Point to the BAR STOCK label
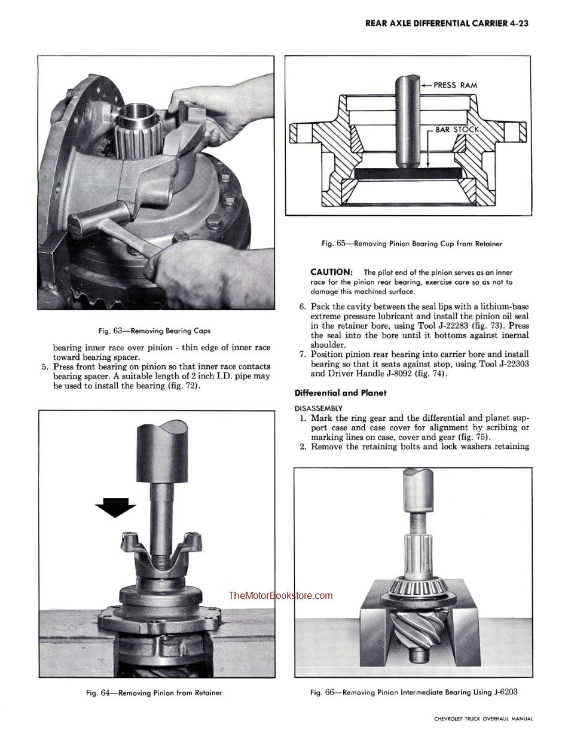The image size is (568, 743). click(x=457, y=129)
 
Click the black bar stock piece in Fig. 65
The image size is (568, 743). click(x=408, y=173)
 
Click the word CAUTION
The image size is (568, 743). click(x=331, y=272)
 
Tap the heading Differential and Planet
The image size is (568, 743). click(x=340, y=393)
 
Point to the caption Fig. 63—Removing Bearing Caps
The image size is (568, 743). click(x=155, y=331)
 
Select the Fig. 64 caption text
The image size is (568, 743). click(x=154, y=693)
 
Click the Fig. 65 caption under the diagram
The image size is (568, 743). click(x=412, y=243)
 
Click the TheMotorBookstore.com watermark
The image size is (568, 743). click(x=280, y=595)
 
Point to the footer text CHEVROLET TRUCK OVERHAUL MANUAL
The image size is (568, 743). click(x=483, y=719)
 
